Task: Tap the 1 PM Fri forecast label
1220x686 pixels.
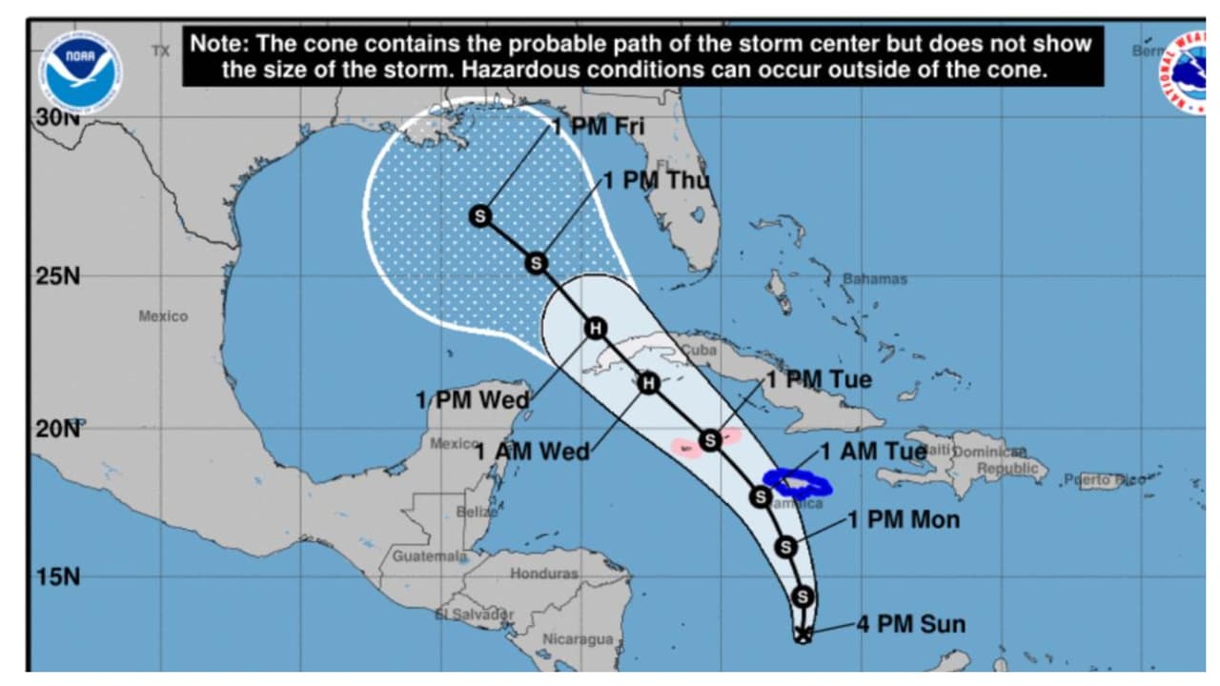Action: pos(598,126)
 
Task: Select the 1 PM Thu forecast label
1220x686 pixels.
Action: pos(656,180)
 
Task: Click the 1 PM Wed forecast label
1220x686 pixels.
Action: pos(472,400)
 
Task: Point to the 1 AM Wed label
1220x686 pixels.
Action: pos(533,451)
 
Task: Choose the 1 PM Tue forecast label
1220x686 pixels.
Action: pos(819,379)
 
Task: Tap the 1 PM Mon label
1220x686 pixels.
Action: pos(904,520)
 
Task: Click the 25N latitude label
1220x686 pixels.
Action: pos(58,276)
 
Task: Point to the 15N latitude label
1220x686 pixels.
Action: pos(58,576)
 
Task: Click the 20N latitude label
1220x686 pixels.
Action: pos(58,428)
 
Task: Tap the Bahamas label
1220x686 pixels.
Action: pos(874,279)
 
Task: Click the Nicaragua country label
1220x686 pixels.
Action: pos(578,639)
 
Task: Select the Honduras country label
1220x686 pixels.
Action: pos(543,574)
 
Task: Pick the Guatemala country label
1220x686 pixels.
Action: pos(430,555)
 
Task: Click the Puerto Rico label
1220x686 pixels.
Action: pos(1106,480)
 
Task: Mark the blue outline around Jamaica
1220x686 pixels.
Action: pos(798,483)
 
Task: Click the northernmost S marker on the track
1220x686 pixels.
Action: pos(480,216)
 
